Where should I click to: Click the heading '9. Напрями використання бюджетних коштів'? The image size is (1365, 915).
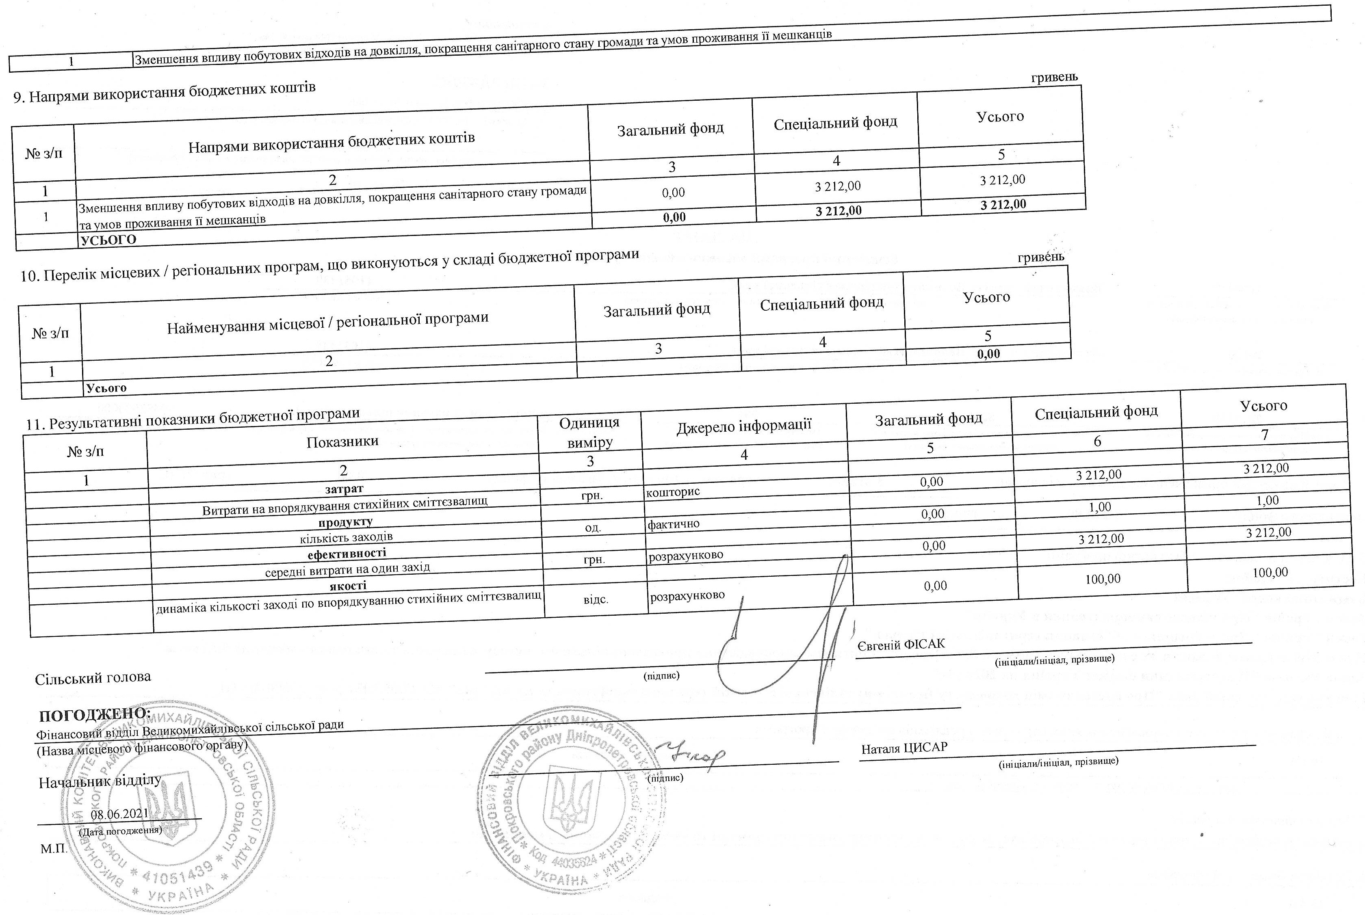pos(164,92)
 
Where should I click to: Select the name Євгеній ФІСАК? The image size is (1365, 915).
pos(901,644)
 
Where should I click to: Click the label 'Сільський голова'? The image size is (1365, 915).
pos(93,677)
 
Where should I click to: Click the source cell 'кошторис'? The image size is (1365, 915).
pos(673,492)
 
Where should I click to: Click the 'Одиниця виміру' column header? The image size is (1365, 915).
pos(589,433)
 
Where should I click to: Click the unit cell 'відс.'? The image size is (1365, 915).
pos(596,599)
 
